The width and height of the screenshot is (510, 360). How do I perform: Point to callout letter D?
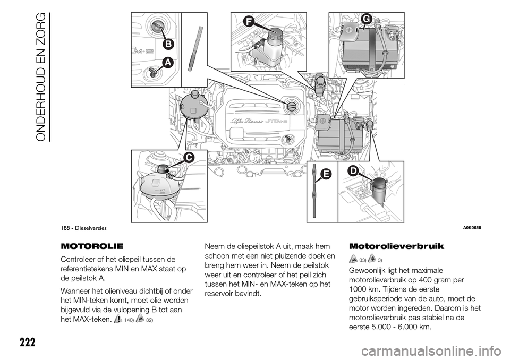tap(353, 171)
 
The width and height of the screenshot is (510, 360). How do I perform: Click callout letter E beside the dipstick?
tap(326, 174)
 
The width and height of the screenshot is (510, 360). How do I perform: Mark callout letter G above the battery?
tap(365, 19)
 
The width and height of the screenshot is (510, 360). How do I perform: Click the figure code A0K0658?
tap(470, 228)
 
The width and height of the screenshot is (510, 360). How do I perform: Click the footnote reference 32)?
tap(149, 320)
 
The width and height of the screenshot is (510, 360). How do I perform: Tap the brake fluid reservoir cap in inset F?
tap(275, 34)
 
